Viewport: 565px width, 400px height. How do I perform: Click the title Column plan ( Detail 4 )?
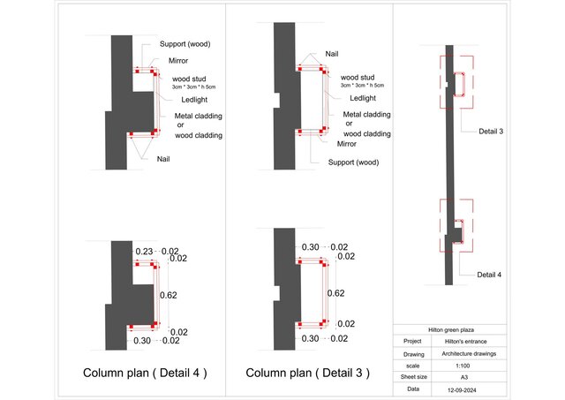pos(145,373)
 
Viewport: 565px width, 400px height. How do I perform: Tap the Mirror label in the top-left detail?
pos(179,62)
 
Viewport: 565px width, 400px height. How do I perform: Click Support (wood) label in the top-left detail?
pos(185,44)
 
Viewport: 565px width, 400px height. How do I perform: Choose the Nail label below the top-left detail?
pos(164,159)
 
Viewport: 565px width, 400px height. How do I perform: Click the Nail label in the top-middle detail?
pos(331,53)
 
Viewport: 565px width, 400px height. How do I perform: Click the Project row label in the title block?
pos(412,341)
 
